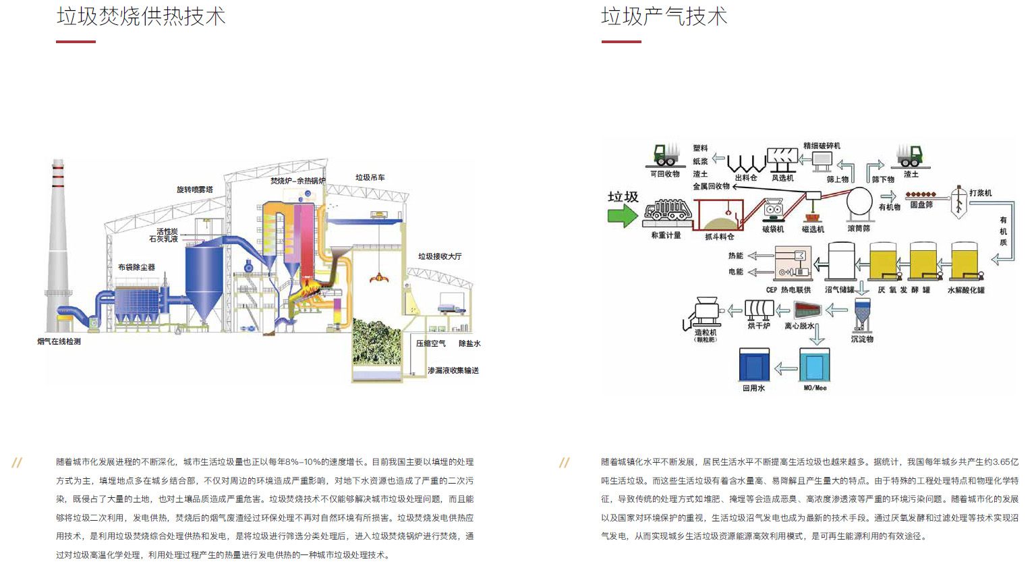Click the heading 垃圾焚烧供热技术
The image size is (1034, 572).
coord(141,16)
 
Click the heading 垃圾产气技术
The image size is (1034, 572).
coord(664,16)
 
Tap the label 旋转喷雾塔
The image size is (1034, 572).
coord(194,190)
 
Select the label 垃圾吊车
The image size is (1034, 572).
coord(370,177)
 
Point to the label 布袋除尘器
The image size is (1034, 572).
coord(136,267)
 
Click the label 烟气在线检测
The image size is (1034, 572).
coord(59,341)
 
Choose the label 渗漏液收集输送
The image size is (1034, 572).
coord(453,370)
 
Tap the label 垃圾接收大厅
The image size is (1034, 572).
coord(440,256)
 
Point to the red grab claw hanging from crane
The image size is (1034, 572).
coord(379,277)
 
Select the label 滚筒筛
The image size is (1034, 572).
coord(859,229)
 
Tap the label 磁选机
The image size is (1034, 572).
coord(813,229)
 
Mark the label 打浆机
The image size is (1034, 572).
coord(980,193)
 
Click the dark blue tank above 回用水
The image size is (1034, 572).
coord(754,366)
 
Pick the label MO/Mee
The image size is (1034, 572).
coord(815,388)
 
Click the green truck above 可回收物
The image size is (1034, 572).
coord(666,155)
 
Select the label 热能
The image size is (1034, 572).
coord(735,256)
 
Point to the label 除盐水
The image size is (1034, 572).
coord(469,343)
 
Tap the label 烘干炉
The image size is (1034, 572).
coord(759,326)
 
